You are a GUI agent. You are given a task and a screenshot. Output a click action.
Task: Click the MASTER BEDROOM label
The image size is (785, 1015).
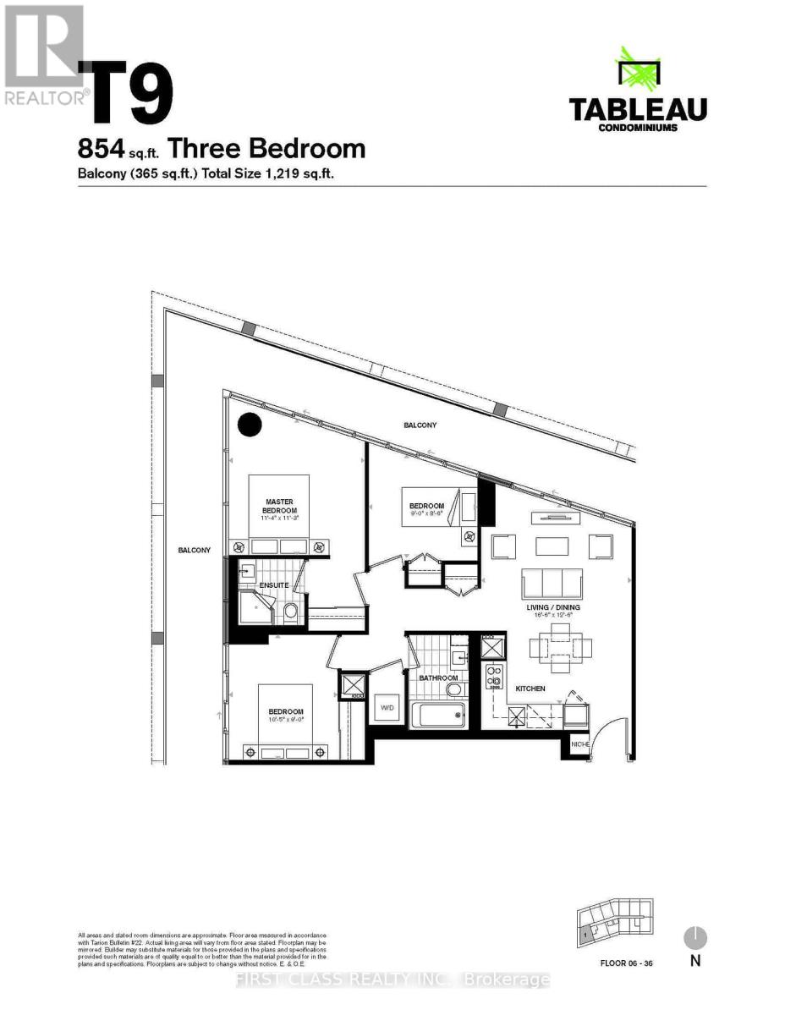pyautogui.click(x=279, y=506)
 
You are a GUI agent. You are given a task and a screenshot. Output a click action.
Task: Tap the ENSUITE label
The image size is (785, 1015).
pyautogui.click(x=274, y=585)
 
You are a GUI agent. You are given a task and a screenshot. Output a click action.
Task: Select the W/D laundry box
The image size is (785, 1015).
pyautogui.click(x=388, y=707)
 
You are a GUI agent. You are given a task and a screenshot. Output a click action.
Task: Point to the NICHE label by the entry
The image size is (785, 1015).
pyautogui.click(x=580, y=744)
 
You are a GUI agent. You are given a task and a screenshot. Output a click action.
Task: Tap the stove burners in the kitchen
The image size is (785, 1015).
pyautogui.click(x=493, y=676)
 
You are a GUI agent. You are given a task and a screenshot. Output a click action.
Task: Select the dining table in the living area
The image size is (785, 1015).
pyautogui.click(x=560, y=648)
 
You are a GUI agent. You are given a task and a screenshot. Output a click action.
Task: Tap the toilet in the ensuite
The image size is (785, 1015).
pyautogui.click(x=290, y=611)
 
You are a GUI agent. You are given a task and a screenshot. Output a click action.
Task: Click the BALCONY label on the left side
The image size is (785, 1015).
pyautogui.click(x=194, y=551)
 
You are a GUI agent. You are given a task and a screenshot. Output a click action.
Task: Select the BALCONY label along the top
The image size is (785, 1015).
pyautogui.click(x=420, y=425)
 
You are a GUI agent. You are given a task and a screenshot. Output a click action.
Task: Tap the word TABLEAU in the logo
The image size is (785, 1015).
pyautogui.click(x=637, y=110)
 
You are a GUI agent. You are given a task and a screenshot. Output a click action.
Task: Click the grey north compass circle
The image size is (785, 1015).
pyautogui.click(x=694, y=937)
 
